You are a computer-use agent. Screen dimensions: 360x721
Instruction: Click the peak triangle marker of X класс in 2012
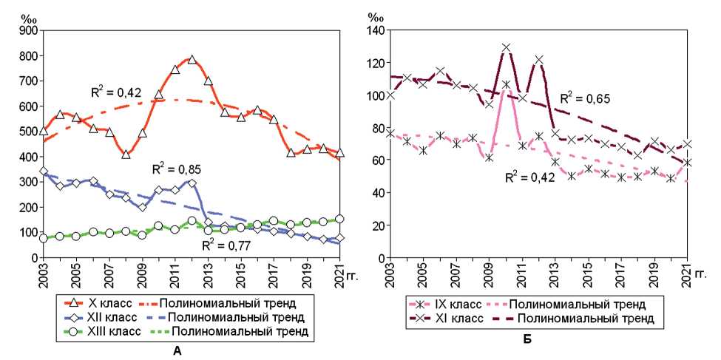pos(192,60)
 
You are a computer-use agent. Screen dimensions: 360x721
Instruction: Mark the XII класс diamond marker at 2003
pos(44,171)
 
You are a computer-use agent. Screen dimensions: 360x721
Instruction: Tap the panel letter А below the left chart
pos(177,350)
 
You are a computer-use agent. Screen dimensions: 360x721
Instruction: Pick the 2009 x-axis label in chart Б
pos(489,274)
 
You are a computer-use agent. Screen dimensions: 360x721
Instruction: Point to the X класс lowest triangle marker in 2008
pos(126,154)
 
